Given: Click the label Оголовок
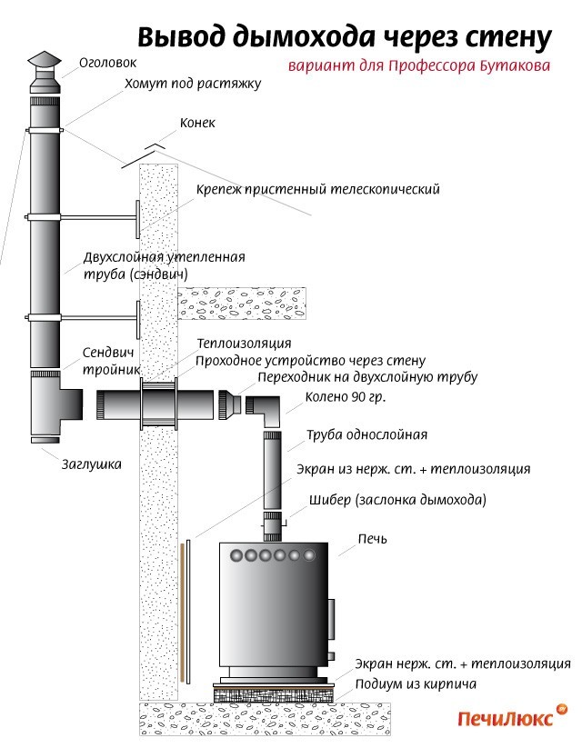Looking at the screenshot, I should (x=107, y=63).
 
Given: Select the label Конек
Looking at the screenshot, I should (x=197, y=123).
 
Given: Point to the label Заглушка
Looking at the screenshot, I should (x=91, y=464).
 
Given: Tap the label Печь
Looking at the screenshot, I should (x=372, y=539).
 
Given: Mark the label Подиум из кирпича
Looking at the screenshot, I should (x=416, y=684).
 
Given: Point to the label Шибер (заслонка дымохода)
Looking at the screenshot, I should (x=397, y=500).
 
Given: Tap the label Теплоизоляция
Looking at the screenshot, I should (x=244, y=344).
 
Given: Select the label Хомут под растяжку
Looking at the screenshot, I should (x=193, y=84).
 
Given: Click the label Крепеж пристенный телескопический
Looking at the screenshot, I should (x=318, y=190).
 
